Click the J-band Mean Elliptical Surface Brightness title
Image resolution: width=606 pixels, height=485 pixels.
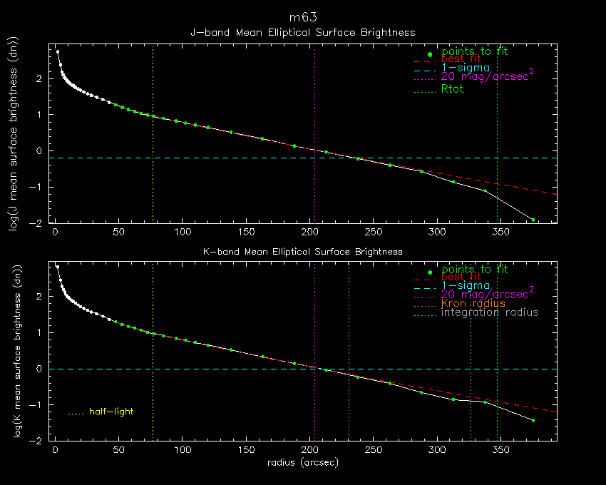point(302,32)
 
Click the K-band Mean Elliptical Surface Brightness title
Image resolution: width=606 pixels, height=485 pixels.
point(302,252)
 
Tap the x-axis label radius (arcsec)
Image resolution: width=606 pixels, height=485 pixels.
point(302,462)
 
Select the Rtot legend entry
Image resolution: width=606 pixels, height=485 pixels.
point(453,89)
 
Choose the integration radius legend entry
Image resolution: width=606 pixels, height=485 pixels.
point(490,312)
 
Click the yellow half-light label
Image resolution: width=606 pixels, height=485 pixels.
point(111,412)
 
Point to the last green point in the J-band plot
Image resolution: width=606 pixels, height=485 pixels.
point(533,220)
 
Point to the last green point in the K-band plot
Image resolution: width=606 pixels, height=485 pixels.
point(533,420)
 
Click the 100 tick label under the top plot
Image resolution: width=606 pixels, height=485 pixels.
point(183,233)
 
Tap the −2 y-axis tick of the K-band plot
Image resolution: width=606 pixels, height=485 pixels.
point(44,441)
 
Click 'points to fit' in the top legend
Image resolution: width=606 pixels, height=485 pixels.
point(475,51)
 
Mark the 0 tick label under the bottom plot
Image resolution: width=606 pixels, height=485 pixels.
point(56,451)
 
